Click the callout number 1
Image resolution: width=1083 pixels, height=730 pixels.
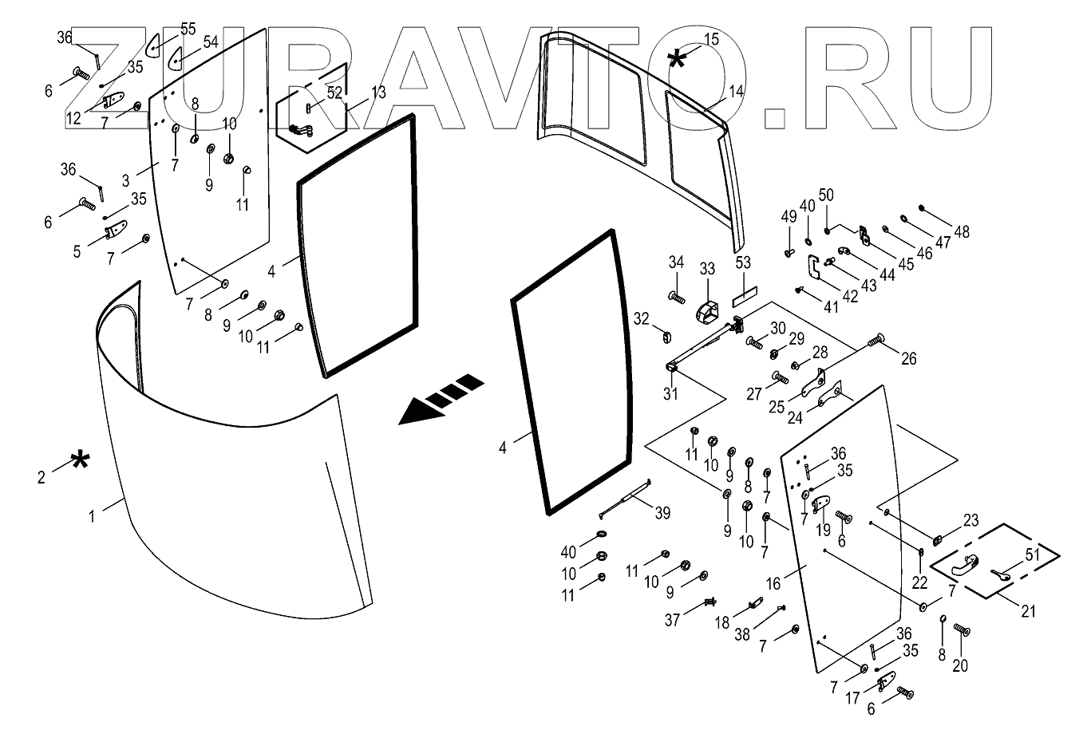pyautogui.click(x=92, y=516)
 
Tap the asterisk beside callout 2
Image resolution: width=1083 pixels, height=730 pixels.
pyautogui.click(x=80, y=460)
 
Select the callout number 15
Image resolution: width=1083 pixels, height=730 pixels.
pyautogui.click(x=710, y=38)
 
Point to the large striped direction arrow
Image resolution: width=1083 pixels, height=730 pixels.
pyautogui.click(x=441, y=399)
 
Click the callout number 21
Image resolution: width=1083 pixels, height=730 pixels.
pyautogui.click(x=1029, y=611)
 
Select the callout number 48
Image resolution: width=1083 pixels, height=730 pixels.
pyautogui.click(x=962, y=232)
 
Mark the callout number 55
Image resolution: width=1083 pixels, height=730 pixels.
pyautogui.click(x=188, y=29)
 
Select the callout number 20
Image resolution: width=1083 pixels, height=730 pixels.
pyautogui.click(x=960, y=665)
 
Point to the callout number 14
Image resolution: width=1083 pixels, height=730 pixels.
pyautogui.click(x=736, y=91)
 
